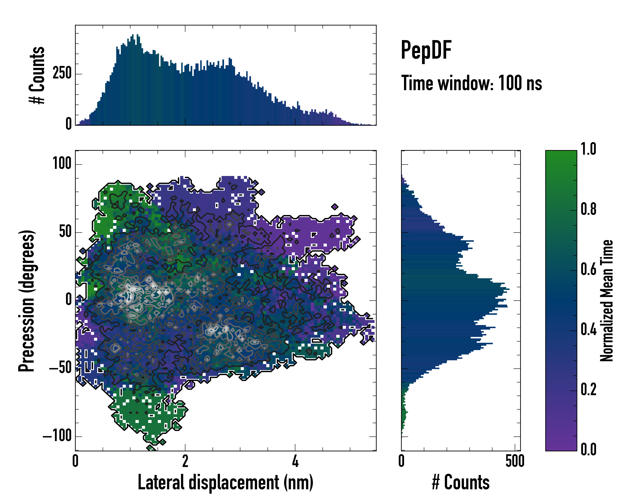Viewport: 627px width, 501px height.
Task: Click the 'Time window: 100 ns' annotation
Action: click(472, 83)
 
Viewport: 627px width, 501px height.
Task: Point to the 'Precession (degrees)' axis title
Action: click(27, 301)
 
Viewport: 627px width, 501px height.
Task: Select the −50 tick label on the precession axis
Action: click(60, 368)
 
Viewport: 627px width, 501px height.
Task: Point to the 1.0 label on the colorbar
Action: click(588, 149)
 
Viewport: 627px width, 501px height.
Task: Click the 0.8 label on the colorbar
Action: click(588, 209)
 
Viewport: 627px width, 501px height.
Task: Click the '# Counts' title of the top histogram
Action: click(37, 75)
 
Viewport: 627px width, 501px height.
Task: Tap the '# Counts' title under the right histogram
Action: click(461, 482)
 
